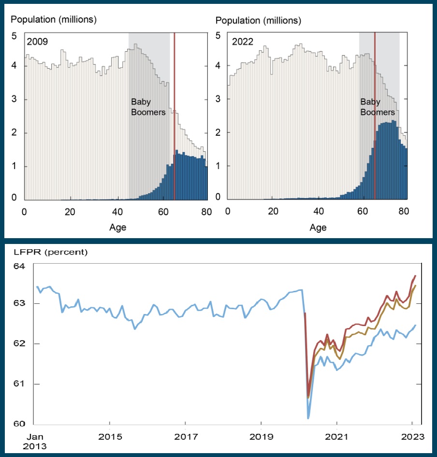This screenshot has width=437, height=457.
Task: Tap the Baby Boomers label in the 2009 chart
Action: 148,107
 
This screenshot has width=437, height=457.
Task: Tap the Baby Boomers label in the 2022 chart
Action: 378,107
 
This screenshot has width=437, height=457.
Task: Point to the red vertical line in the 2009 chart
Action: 174,116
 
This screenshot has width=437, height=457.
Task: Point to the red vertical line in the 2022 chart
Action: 375,116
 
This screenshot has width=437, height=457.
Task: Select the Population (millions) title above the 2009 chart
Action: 54,20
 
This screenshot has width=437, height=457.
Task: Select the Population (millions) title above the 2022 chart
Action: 258,21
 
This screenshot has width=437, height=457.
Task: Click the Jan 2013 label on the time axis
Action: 35,441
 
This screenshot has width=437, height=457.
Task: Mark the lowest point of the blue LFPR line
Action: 308,417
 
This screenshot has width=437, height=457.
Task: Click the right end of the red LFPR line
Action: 415,276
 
